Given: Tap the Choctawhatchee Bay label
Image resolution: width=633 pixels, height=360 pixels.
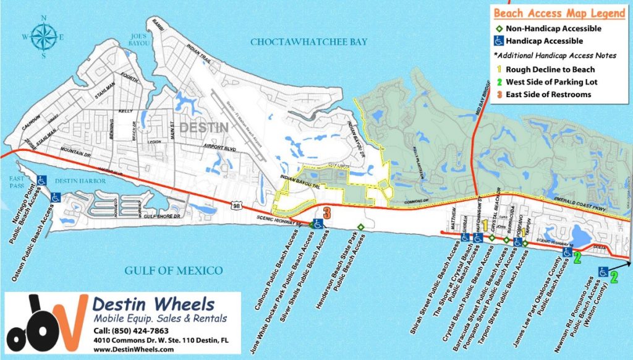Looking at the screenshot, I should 308,42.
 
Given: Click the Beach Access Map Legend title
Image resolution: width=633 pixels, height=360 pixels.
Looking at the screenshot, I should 559,13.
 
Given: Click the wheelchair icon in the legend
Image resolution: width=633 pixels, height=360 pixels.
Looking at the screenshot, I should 498,41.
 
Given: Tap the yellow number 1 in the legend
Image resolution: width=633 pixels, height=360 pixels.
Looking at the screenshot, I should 498,70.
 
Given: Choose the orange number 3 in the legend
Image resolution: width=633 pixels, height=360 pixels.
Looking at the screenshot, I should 498,95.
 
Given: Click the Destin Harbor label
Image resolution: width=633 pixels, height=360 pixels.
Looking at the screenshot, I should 81,181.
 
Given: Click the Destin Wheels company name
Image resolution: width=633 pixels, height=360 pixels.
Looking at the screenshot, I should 153,305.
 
